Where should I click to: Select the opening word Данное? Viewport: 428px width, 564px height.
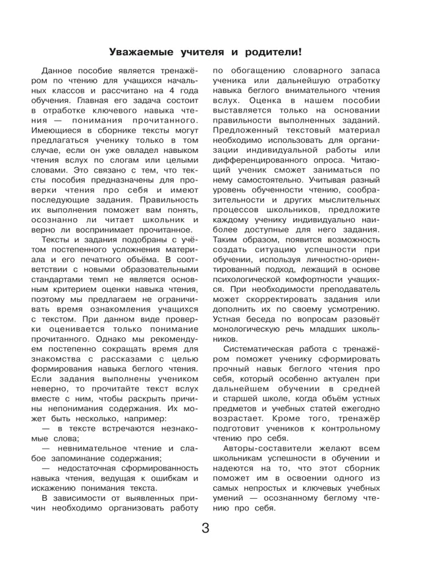click(x=61, y=70)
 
